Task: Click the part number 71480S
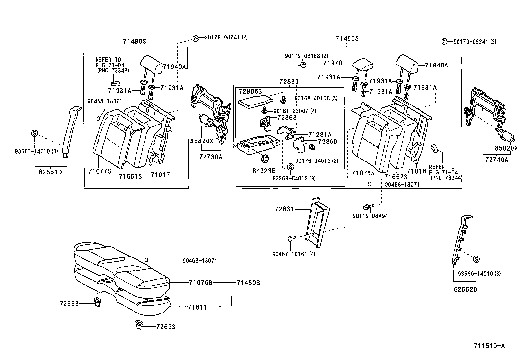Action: pyautogui.click(x=135, y=42)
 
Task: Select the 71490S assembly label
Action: pyautogui.click(x=347, y=38)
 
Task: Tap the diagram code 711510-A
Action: pyautogui.click(x=489, y=346)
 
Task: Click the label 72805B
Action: pyautogui.click(x=250, y=91)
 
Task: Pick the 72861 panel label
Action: pyautogui.click(x=284, y=209)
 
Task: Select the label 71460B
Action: pyautogui.click(x=248, y=283)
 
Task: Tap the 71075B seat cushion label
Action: pyautogui.click(x=201, y=283)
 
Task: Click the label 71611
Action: pyautogui.click(x=197, y=307)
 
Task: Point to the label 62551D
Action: pyautogui.click(x=50, y=172)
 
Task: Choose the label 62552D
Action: pyautogui.click(x=465, y=289)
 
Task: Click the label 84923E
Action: pyautogui.click(x=264, y=171)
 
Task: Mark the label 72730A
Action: pyautogui.click(x=211, y=157)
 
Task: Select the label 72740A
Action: pyautogui.click(x=496, y=160)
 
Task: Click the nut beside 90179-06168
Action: pyautogui.click(x=303, y=65)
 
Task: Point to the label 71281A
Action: pyautogui.click(x=320, y=134)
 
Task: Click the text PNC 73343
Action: pyautogui.click(x=113, y=70)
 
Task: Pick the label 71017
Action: pyautogui.click(x=160, y=175)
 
